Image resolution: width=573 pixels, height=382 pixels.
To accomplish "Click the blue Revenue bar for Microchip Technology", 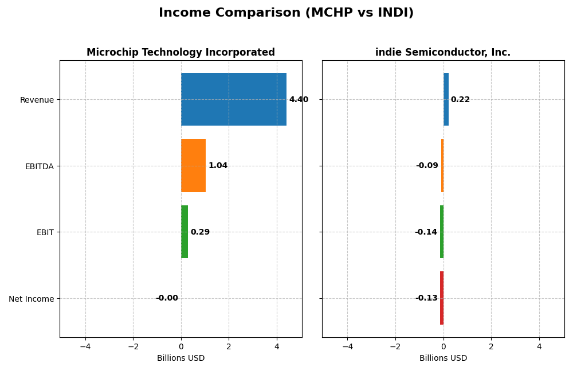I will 233,99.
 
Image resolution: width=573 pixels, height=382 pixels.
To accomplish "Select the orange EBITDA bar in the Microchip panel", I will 193,165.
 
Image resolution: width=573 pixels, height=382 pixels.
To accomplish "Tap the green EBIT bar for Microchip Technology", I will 185,232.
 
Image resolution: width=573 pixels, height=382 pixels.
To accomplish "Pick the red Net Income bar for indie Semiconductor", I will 442,298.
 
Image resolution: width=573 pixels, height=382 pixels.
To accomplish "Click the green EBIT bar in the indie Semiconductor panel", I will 442,232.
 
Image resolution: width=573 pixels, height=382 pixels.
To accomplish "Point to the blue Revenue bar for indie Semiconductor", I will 446,99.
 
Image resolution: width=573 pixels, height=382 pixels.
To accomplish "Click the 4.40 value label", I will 299,100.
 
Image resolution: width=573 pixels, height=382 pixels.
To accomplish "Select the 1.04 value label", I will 218,166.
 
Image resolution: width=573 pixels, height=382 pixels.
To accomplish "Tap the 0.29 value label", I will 200,232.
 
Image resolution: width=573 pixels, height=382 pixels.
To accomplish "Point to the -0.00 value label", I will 167,298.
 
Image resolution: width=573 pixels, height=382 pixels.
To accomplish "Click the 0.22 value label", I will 460,100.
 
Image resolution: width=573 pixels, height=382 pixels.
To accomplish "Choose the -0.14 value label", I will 426,232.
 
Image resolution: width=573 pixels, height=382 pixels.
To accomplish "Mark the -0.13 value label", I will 426,298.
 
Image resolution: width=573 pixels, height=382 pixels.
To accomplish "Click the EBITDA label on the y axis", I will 39,166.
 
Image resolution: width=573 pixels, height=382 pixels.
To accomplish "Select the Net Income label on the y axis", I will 31,299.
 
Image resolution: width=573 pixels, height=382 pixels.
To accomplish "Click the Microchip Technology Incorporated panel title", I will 180,53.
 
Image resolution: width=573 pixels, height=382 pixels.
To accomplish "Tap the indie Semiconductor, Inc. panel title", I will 443,53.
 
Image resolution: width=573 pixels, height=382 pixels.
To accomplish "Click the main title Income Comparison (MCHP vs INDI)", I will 286,13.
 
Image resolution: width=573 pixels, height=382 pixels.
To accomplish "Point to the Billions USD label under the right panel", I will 443,358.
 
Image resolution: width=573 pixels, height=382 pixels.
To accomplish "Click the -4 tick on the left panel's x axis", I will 85,346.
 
